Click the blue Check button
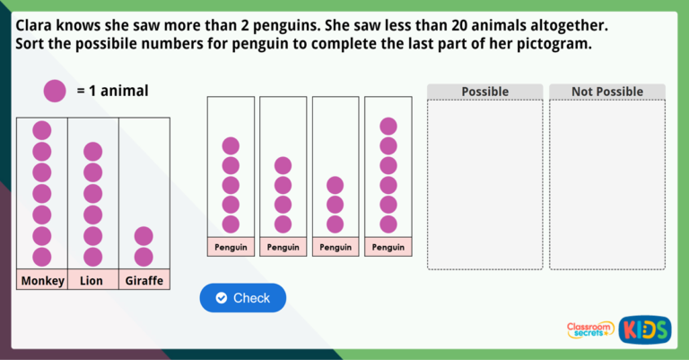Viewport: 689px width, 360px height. [x=242, y=298]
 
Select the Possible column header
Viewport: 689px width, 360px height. [x=484, y=92]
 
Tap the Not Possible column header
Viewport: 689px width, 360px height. [x=607, y=92]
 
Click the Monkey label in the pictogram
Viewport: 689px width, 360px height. [x=42, y=281]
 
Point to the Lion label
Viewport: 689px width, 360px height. [x=92, y=281]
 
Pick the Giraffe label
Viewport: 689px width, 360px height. [x=144, y=281]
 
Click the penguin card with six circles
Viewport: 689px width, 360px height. [x=388, y=176]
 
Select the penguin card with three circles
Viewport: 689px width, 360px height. [x=336, y=176]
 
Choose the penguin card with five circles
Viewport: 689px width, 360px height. [x=231, y=176]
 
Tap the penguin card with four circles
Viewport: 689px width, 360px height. [x=283, y=176]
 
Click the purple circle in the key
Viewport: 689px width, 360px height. [x=54, y=91]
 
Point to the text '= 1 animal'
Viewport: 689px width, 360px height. [x=112, y=91]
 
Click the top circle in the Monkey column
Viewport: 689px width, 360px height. [x=42, y=130]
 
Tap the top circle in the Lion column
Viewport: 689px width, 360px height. [x=93, y=152]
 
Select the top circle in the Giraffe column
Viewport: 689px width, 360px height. [x=144, y=235]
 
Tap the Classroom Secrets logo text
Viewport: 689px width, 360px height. [x=590, y=329]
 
